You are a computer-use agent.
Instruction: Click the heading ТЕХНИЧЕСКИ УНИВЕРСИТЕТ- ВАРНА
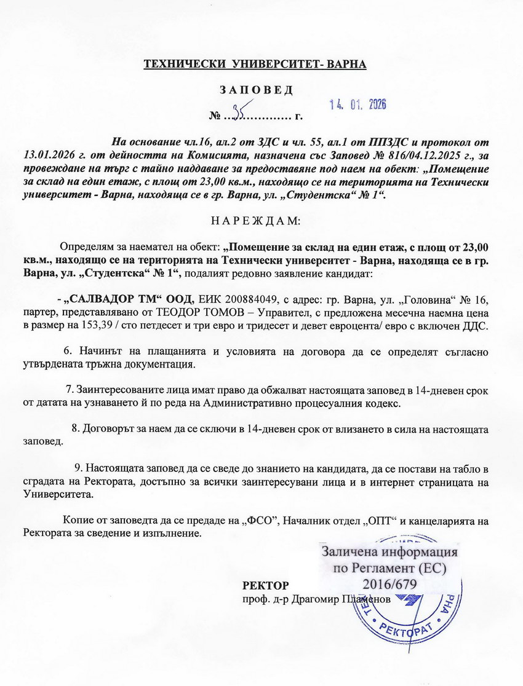[x=255, y=64]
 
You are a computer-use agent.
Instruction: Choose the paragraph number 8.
[x=76, y=428]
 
